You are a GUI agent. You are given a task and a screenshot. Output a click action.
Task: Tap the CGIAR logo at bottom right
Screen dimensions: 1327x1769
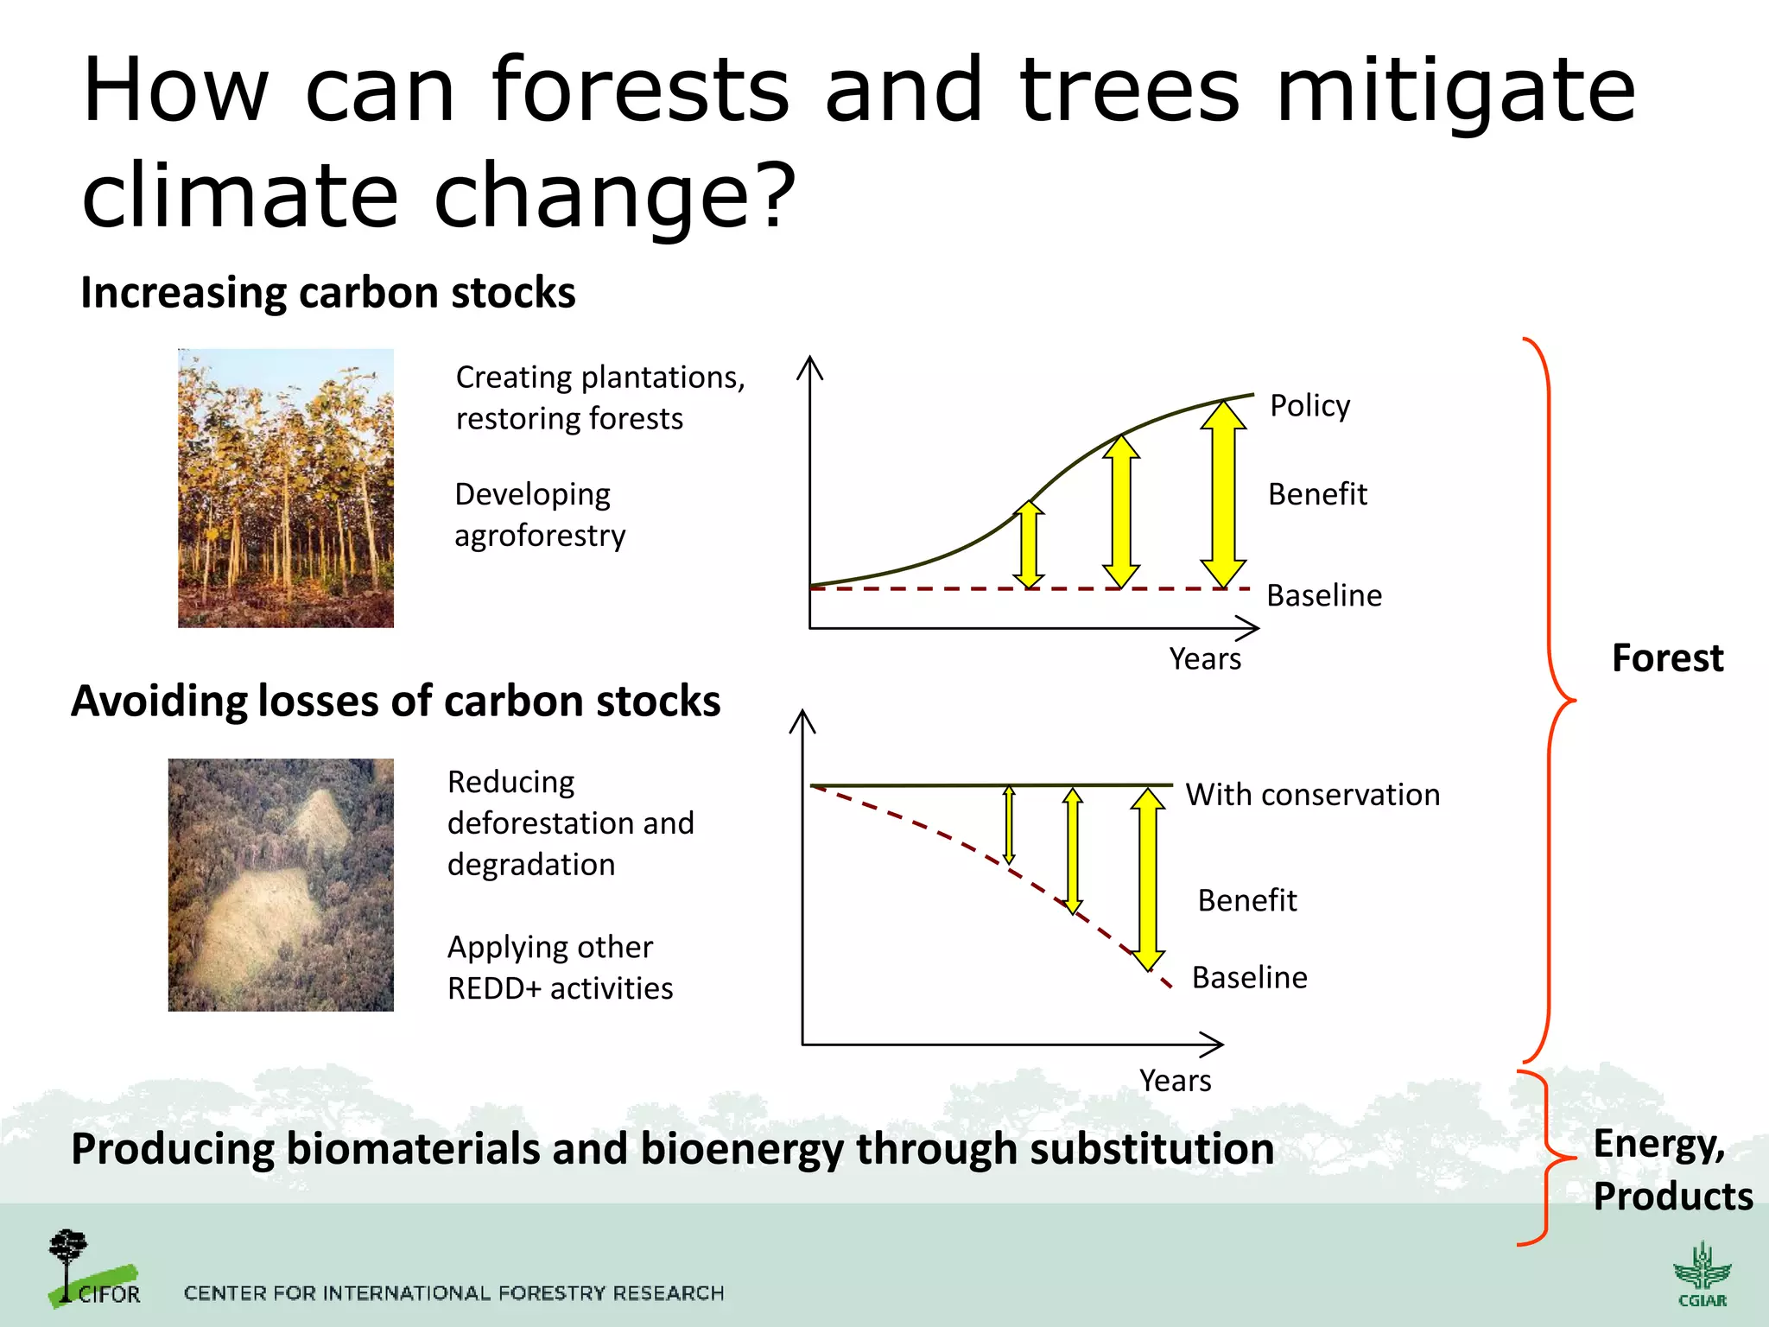(x=1702, y=1275)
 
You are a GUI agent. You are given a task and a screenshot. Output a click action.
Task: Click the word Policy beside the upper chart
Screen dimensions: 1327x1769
(x=1309, y=405)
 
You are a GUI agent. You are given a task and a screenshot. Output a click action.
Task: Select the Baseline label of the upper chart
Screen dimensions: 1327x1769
(x=1323, y=595)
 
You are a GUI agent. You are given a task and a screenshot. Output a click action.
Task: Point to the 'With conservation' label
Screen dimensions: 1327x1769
(x=1312, y=794)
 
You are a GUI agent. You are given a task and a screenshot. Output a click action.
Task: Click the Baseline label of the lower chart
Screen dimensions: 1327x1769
(x=1249, y=977)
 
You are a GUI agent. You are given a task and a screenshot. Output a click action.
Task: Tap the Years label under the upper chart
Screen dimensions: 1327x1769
(x=1204, y=659)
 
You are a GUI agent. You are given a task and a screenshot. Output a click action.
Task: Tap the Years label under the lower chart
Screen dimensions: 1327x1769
(x=1175, y=1081)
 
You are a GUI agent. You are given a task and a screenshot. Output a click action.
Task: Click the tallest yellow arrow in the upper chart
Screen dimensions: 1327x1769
(x=1223, y=494)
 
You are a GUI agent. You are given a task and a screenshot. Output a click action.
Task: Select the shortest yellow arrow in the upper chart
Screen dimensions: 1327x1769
(x=1029, y=545)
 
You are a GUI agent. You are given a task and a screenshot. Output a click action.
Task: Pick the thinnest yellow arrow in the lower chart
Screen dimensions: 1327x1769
(x=1008, y=825)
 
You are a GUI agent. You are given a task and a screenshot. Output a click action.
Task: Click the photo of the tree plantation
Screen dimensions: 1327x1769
(x=285, y=488)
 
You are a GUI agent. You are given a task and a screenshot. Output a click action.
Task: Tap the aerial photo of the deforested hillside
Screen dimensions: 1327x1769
(x=281, y=885)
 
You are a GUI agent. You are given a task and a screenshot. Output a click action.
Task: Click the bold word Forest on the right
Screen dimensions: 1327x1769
(x=1667, y=658)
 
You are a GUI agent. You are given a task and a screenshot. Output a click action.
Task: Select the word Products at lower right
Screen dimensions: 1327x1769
(x=1672, y=1197)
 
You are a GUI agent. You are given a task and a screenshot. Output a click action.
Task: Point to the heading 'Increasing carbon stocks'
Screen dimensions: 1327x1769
(x=327, y=292)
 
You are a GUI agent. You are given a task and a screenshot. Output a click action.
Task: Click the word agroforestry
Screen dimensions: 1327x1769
(x=540, y=536)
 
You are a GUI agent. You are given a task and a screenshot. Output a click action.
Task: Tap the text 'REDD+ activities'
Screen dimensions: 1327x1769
(x=560, y=988)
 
